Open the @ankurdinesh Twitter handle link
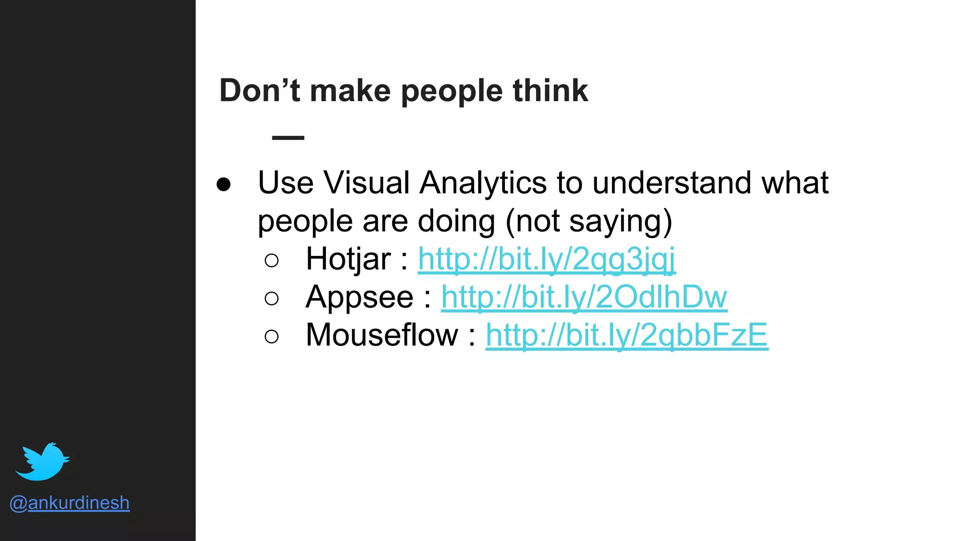(x=70, y=503)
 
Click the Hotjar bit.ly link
(x=546, y=259)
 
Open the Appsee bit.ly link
(x=584, y=297)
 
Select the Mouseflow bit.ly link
(x=627, y=335)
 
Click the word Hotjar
(x=348, y=259)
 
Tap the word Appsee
(x=359, y=297)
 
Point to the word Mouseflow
(x=381, y=335)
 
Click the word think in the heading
(x=550, y=91)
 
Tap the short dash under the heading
(x=288, y=138)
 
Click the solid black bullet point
(x=224, y=185)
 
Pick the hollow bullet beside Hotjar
(x=272, y=260)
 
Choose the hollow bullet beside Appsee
(x=272, y=298)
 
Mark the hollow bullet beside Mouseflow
(x=272, y=336)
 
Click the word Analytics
(x=483, y=183)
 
